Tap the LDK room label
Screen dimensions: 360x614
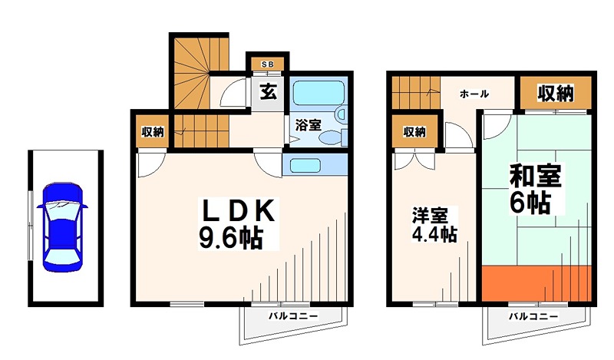[236, 210]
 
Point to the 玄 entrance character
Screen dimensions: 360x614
[267, 91]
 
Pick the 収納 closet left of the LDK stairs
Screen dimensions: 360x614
[152, 132]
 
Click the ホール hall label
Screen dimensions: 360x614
[474, 94]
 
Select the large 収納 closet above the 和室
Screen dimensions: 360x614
[554, 93]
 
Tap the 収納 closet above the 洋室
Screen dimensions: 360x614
[414, 132]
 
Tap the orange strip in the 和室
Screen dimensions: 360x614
[537, 282]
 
